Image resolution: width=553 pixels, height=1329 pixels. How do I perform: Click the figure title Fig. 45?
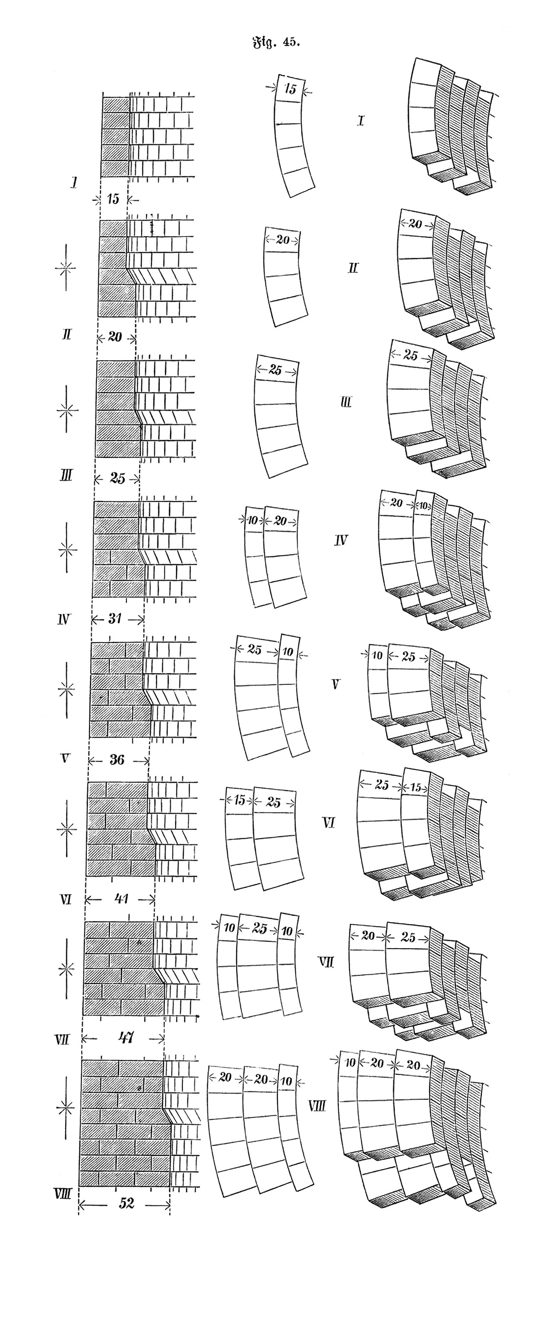276,42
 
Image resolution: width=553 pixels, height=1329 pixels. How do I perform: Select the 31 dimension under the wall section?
115,618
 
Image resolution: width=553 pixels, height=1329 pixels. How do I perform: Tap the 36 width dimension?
117,759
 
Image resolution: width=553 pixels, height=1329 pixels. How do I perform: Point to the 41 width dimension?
121,899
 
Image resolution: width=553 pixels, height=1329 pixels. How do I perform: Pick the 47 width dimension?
126,1037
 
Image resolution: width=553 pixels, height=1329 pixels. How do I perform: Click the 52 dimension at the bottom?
126,1203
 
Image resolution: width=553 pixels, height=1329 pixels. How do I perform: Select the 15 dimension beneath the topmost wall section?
113,199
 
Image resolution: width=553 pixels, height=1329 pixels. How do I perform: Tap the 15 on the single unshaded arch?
291,89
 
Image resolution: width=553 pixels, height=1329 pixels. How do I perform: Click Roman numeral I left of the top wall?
75,182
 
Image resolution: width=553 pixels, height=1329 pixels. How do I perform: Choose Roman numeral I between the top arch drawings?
360,121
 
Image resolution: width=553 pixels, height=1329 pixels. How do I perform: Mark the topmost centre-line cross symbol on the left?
66,268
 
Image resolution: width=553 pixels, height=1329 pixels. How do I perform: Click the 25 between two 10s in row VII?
259,929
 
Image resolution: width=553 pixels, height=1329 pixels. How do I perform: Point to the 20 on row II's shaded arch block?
415,224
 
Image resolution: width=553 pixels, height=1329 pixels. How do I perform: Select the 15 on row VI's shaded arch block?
416,788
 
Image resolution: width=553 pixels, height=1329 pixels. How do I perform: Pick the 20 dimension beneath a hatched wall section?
115,337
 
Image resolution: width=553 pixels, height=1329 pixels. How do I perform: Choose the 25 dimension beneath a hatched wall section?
117,478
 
